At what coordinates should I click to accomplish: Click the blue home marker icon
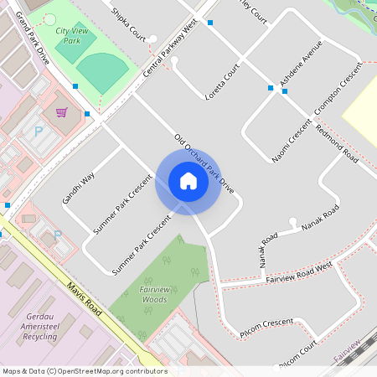[x=188, y=181]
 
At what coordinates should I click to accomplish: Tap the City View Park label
[x=73, y=35]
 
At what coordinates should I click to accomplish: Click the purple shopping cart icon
[x=61, y=112]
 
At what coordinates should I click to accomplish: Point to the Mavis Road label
[x=84, y=299]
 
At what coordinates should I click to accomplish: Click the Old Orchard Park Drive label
[x=204, y=165]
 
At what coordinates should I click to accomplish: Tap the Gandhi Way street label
[x=78, y=188]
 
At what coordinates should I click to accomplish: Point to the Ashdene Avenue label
[x=301, y=72]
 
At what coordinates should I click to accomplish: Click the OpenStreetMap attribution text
[x=85, y=370]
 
